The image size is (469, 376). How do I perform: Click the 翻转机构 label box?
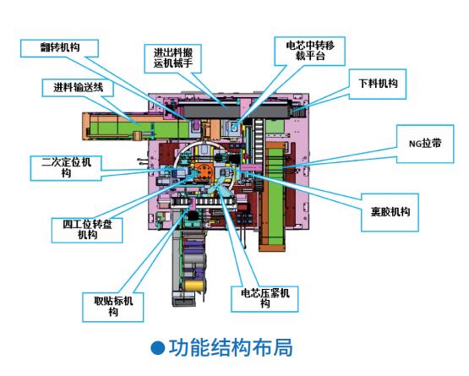(59, 48)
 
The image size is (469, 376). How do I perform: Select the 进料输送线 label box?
(78, 88)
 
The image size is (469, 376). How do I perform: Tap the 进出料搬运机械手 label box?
(173, 58)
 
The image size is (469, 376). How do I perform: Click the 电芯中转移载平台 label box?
(310, 51)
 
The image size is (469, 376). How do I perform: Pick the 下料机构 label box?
(378, 84)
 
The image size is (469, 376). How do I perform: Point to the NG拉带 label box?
(425, 144)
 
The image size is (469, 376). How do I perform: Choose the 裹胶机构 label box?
(390, 212)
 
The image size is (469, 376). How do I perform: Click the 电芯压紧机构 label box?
(264, 299)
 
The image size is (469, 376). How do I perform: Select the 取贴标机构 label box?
(112, 307)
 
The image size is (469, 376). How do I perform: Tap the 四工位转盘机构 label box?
(87, 230)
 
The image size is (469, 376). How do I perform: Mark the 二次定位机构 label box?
(66, 168)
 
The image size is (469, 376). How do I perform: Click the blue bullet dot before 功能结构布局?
(158, 348)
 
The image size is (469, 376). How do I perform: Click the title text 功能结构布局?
(231, 347)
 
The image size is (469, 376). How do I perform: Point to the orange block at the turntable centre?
(204, 172)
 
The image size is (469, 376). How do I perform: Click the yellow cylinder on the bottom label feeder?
(194, 286)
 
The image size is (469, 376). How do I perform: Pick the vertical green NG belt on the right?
(275, 194)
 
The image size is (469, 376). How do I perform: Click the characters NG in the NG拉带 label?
(415, 144)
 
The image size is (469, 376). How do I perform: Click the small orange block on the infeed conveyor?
(137, 135)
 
